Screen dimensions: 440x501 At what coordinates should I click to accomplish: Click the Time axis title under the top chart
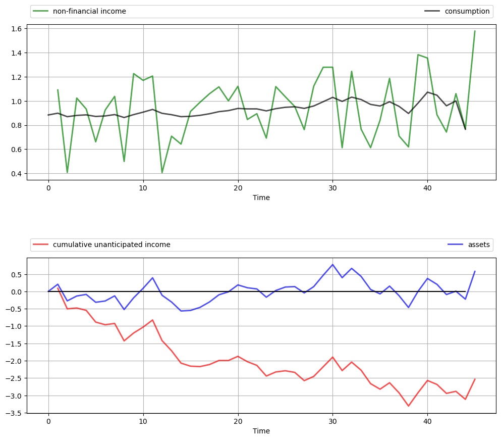pos(261,198)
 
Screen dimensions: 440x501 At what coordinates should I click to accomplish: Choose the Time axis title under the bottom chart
pos(261,431)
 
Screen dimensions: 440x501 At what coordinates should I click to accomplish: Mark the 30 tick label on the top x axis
pos(332,187)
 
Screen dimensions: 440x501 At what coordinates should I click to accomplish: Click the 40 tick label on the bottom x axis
pos(427,420)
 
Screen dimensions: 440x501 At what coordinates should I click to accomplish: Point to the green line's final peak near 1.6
pos(475,31)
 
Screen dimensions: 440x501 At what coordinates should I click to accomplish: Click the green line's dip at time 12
pos(162,173)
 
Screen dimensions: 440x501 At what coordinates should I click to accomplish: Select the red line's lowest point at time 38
pos(409,406)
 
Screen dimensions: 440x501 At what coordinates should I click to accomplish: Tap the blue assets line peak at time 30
pos(332,265)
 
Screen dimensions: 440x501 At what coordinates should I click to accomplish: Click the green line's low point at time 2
pos(67,173)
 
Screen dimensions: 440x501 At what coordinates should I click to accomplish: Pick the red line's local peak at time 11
pos(152,320)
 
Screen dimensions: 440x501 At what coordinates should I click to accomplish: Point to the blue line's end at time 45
pos(475,271)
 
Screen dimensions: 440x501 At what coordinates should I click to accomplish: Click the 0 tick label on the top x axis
pos(48,187)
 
